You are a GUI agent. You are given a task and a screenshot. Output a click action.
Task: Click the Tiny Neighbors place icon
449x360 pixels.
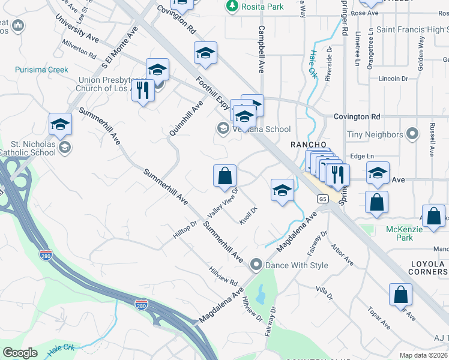pos(412,133)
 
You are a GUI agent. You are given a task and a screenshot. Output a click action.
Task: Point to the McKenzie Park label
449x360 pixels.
pos(408,233)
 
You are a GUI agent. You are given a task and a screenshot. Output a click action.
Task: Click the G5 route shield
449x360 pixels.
pos(323,199)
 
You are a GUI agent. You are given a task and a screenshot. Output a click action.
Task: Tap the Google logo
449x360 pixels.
pos(20,353)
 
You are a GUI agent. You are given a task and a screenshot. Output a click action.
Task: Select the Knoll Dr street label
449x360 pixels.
pos(249,215)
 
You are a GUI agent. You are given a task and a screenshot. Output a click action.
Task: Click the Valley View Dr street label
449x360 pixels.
pos(223,203)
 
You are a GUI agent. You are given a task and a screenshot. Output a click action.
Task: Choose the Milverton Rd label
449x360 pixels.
pos(79,49)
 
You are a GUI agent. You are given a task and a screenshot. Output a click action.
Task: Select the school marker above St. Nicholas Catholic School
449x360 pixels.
pos(60,125)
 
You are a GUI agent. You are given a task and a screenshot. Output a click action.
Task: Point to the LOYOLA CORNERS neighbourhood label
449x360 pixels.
pos(427,268)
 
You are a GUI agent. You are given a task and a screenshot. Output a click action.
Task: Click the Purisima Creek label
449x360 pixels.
pos(42,70)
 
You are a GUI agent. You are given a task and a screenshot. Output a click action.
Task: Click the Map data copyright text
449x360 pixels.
pos(424,355)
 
